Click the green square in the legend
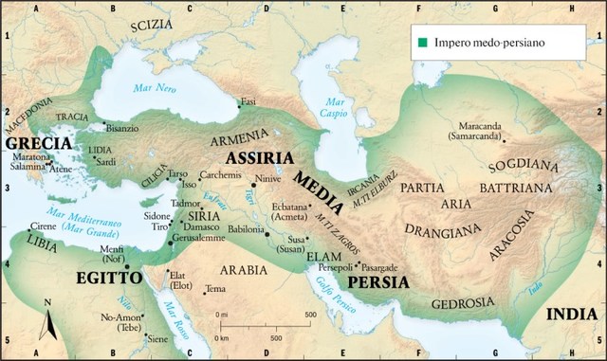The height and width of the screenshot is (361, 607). (419, 42)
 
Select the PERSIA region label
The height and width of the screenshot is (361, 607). (377, 282)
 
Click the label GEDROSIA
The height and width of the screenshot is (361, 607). (463, 303)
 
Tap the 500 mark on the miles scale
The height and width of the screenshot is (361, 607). (309, 314)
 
